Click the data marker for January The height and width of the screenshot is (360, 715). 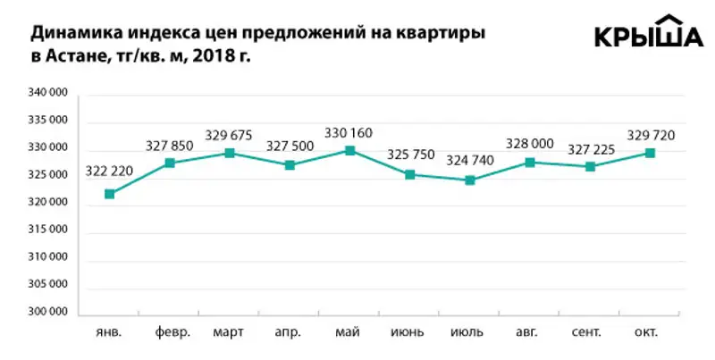pyautogui.click(x=109, y=194)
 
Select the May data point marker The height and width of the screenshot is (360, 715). pyautogui.click(x=350, y=150)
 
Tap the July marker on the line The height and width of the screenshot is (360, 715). pyautogui.click(x=470, y=180)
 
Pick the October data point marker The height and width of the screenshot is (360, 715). pyautogui.click(x=651, y=153)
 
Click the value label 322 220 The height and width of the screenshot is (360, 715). pyautogui.click(x=109, y=172)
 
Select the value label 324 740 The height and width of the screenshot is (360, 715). pyautogui.click(x=471, y=162)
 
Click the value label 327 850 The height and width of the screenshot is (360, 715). pyautogui.click(x=169, y=146)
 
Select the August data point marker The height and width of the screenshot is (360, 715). pyautogui.click(x=530, y=162)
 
